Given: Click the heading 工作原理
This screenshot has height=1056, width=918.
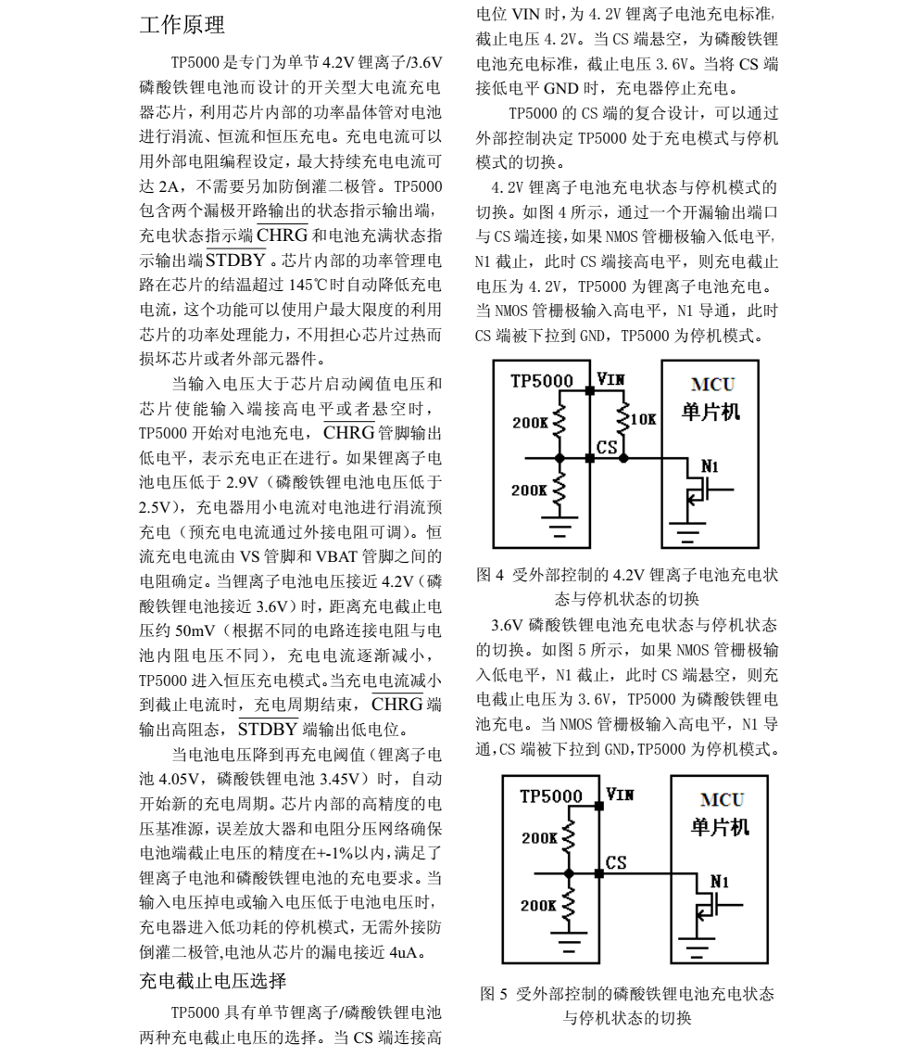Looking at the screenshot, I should tap(181, 25).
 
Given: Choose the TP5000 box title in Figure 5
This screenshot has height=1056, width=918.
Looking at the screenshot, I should tap(551, 796).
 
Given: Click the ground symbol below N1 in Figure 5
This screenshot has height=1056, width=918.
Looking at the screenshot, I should tap(698, 946).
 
